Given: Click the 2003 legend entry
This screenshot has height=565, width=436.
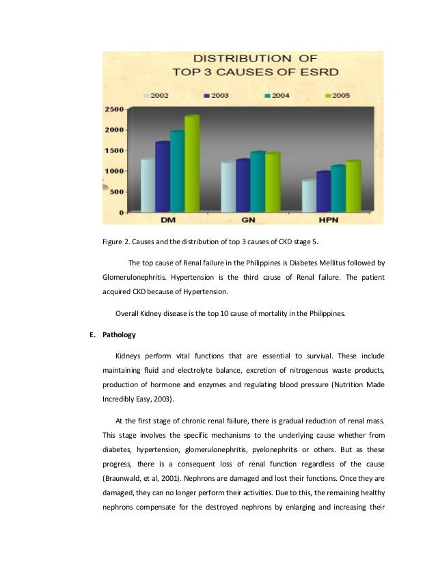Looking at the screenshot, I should pos(215,96).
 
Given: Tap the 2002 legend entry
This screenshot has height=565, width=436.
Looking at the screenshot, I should pos(156,96).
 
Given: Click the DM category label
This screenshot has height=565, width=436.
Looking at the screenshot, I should pos(166,220).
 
